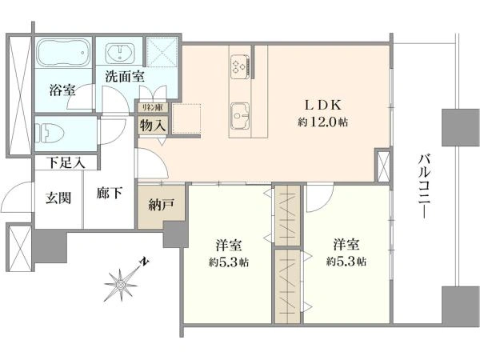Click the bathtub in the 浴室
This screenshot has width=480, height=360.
point(64,52)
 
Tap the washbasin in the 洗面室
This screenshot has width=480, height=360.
point(120,53)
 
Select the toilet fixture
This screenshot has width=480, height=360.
point(50,133)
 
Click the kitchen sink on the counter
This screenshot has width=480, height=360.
point(240,116)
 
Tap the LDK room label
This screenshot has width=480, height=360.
point(322,106)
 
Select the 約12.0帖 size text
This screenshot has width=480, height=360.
point(322,122)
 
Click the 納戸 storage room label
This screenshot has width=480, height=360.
point(162,205)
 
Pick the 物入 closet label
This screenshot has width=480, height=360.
point(153,126)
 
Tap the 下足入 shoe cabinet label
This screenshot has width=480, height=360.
point(66,163)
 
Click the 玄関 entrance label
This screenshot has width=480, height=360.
point(58,198)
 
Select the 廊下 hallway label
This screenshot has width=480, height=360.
point(110,193)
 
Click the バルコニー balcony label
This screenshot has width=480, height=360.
point(425,186)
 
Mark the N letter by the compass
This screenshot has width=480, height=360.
point(144,261)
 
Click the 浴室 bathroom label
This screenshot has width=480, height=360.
point(62,90)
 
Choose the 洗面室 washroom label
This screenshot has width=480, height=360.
point(125,77)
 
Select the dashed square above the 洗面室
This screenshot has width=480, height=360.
point(162,52)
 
